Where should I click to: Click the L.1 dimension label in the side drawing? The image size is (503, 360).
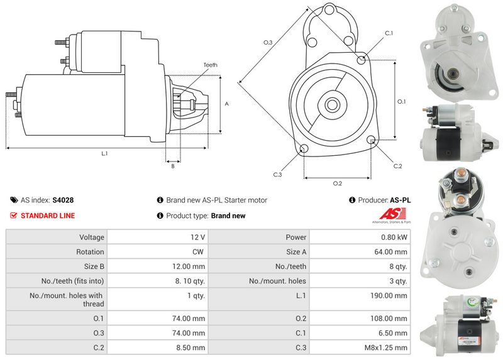coord(104,154)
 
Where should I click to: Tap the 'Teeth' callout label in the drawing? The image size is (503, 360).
coord(211,65)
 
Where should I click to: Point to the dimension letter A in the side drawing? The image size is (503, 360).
coord(226,104)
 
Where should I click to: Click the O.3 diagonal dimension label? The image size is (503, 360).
coord(268,42)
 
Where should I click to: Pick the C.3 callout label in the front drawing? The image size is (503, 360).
coord(277,175)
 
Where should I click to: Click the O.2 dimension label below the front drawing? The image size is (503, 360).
coord(337,183)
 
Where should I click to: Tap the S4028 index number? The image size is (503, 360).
coord(63,200)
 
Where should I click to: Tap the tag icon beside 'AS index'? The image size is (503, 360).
coord(14,200)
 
